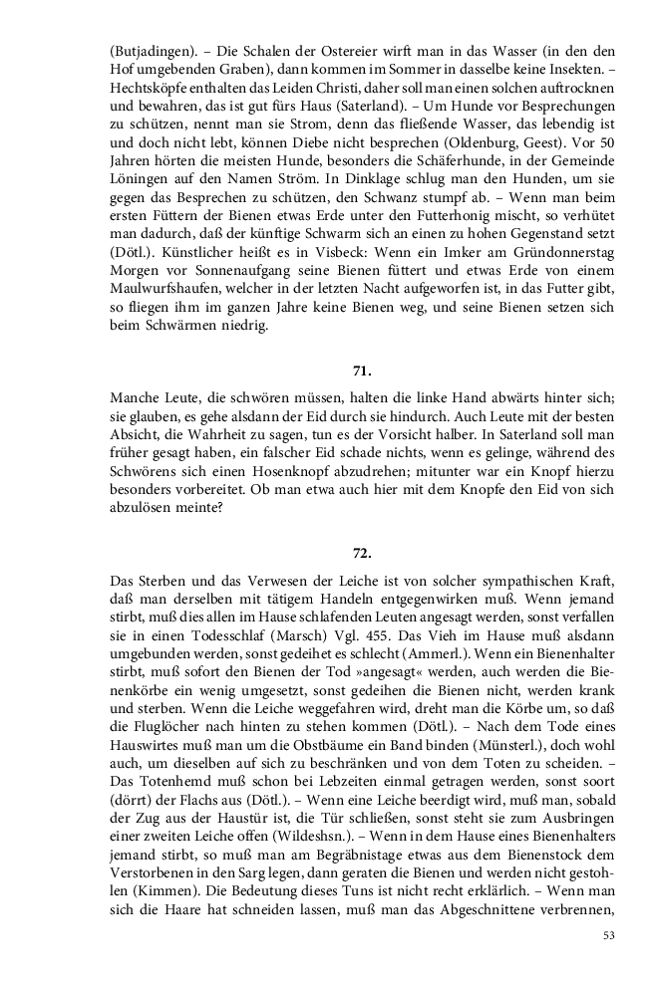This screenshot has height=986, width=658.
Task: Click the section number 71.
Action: coord(362,371)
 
